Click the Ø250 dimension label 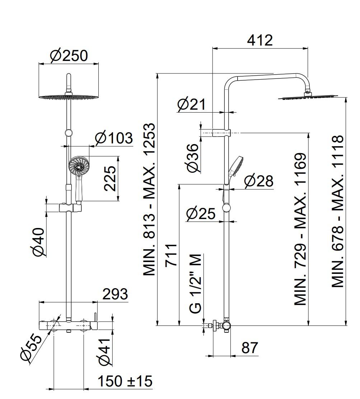tap(69, 56)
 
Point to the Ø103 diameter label tap(113, 138)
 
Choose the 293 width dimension tap(115, 294)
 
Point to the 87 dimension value tap(250, 348)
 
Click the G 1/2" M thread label tap(196, 283)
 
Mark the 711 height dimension tap(172, 255)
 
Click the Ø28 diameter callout tap(258, 181)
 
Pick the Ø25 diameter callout tap(201, 214)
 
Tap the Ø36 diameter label tap(193, 158)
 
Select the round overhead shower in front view tap(68, 96)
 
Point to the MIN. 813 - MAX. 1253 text tap(150, 199)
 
